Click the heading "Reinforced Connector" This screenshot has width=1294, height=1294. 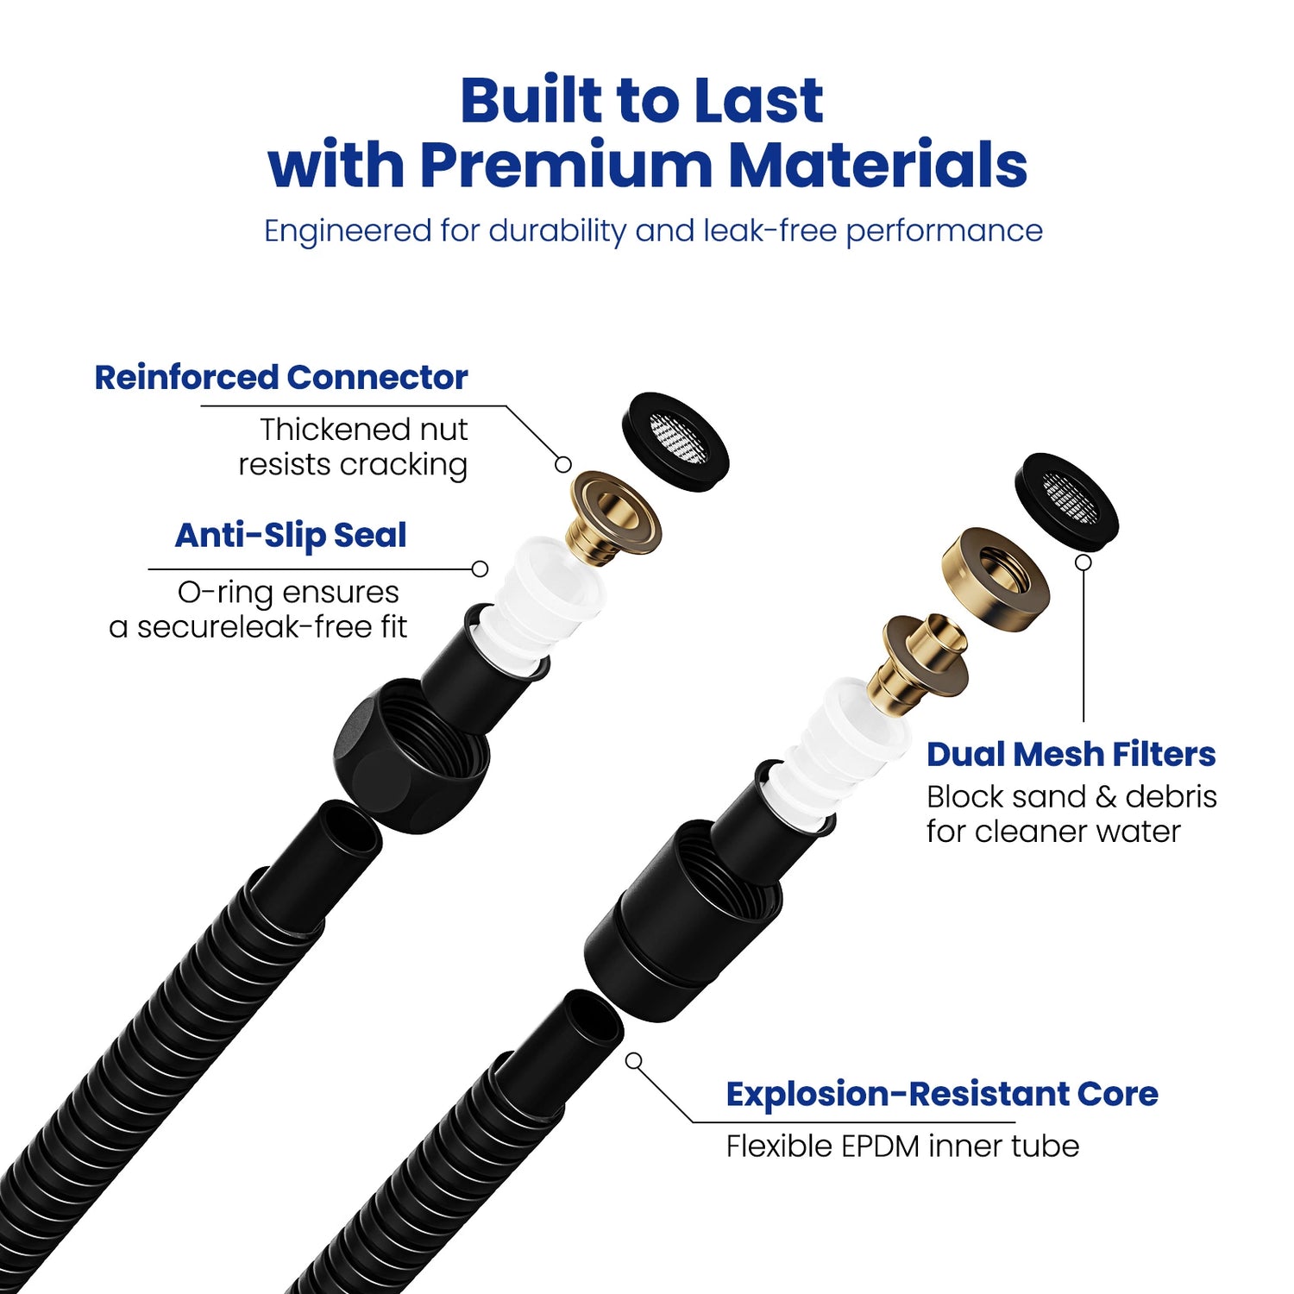[280, 378]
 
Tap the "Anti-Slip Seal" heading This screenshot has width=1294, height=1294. [291, 536]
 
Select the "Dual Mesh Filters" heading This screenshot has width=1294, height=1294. [1071, 755]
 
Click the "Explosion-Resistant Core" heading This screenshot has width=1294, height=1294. [941, 1094]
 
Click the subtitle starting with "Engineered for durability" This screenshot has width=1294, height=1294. [653, 231]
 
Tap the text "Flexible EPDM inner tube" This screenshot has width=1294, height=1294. [902, 1146]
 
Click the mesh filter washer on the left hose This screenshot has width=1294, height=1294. [675, 442]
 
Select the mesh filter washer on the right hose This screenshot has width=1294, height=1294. [1066, 501]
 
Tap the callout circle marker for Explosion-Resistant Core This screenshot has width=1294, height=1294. [634, 1060]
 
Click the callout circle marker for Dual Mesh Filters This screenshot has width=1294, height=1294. [1084, 562]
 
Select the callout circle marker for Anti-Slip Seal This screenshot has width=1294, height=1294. [481, 568]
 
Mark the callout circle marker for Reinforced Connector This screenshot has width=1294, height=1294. [563, 464]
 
